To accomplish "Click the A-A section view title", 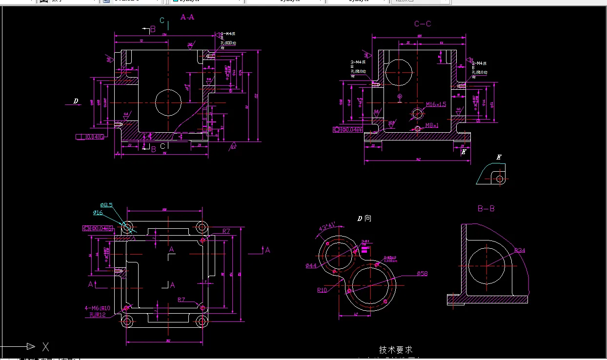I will click(187, 17).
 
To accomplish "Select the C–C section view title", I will click(423, 24).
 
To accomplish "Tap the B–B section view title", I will click(486, 209).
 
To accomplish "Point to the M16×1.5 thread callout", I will click(436, 104).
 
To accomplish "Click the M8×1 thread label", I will click(432, 125).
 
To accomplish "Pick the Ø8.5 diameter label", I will click(106, 205).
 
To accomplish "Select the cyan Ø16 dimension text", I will click(98, 213).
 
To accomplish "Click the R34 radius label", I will click(520, 251).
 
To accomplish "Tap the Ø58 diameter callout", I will click(423, 274).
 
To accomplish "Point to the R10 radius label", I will click(322, 290).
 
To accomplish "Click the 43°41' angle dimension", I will click(326, 226).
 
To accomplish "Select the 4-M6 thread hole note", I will click(98, 308).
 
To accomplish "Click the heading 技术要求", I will click(396, 350).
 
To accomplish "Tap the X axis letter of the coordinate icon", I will click(45, 347).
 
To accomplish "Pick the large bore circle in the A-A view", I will click(168, 102).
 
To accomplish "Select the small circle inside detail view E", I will click(500, 179).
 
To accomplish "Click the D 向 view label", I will click(364, 219).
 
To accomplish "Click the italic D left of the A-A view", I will click(76, 101).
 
